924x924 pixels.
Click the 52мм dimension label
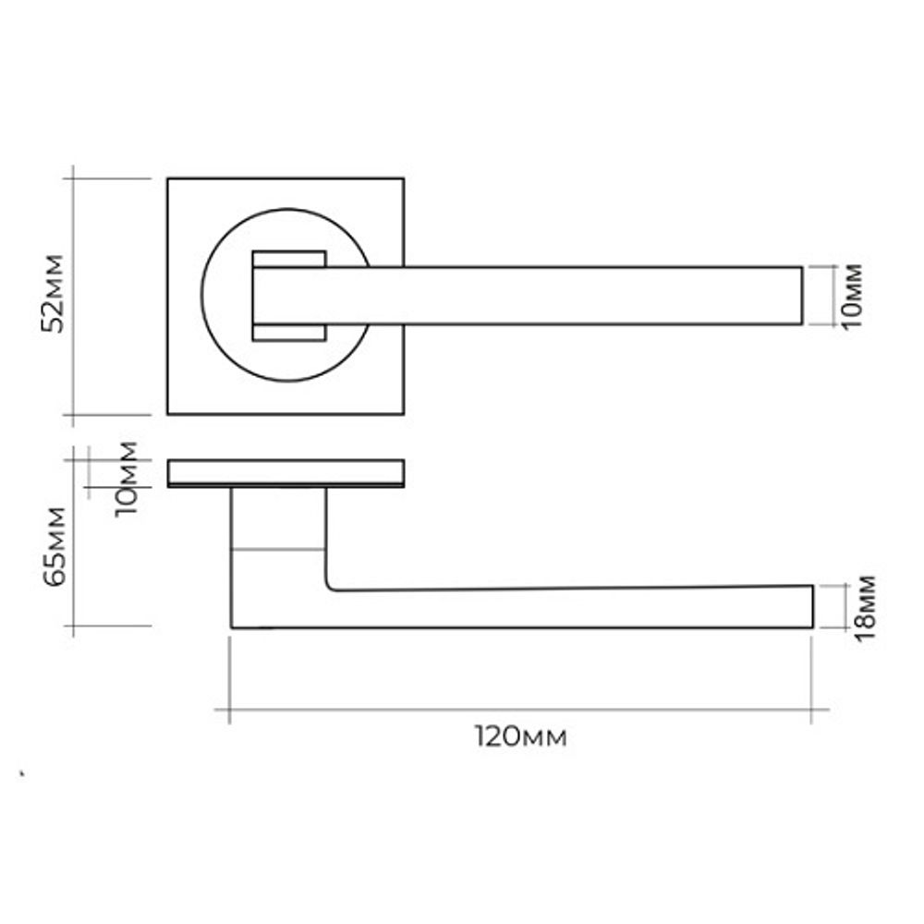pyautogui.click(x=53, y=294)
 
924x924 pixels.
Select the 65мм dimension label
pyautogui.click(x=55, y=546)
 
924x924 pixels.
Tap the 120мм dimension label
pyautogui.click(x=521, y=737)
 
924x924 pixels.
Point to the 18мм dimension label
pyautogui.click(x=865, y=609)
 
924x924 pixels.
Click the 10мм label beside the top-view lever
pyautogui.click(x=851, y=297)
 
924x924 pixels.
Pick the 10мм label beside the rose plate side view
pyautogui.click(x=126, y=479)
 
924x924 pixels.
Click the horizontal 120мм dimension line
pyautogui.click(x=521, y=710)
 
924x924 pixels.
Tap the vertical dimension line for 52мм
pyautogui.click(x=72, y=296)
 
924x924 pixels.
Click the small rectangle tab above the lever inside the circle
pyautogui.click(x=288, y=260)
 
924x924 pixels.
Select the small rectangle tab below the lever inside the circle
pyautogui.click(x=288, y=333)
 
